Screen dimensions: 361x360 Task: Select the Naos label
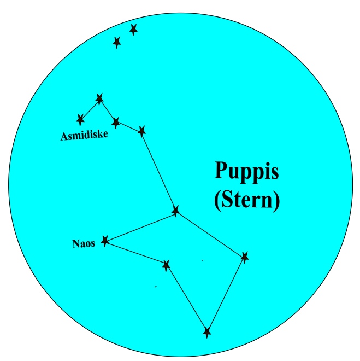pyautogui.click(x=84, y=244)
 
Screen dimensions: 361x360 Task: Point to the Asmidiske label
pyautogui.click(x=84, y=135)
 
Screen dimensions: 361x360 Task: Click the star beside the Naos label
pyautogui.click(x=105, y=240)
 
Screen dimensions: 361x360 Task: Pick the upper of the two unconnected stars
pyautogui.click(x=133, y=29)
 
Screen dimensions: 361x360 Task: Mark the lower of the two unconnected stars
pyautogui.click(x=116, y=42)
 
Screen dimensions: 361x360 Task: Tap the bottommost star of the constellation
pyautogui.click(x=206, y=331)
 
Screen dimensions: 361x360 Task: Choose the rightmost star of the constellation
pyautogui.click(x=244, y=257)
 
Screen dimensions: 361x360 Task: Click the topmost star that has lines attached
pyautogui.click(x=99, y=98)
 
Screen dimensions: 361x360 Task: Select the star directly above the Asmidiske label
pyautogui.click(x=81, y=119)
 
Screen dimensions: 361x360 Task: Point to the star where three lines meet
pyautogui.click(x=175, y=211)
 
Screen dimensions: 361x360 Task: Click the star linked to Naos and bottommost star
pyautogui.click(x=166, y=265)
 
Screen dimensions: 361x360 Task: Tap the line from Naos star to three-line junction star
pyautogui.click(x=140, y=225)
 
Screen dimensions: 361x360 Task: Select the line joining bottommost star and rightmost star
pyautogui.click(x=226, y=294)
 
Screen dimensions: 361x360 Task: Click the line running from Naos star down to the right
pyautogui.click(x=135, y=252)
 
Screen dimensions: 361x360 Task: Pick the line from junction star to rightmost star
pyautogui.click(x=210, y=234)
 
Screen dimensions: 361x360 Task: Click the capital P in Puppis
pyautogui.click(x=220, y=171)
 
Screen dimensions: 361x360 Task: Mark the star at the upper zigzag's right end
pyautogui.click(x=142, y=131)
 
